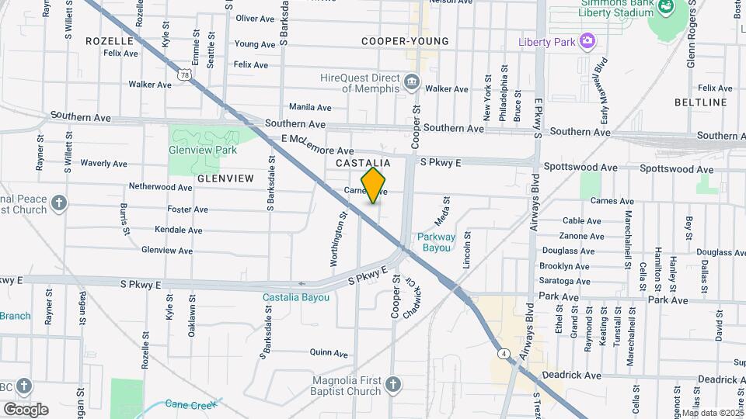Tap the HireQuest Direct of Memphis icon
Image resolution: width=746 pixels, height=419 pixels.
tap(412, 81)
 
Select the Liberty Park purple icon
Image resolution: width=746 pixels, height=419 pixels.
tap(587, 40)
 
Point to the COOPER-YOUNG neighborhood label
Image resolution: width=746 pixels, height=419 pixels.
tap(405, 41)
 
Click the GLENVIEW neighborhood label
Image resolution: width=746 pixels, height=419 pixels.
tap(225, 178)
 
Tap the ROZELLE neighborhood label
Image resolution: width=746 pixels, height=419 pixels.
tap(110, 40)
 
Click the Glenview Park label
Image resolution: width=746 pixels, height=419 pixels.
tap(202, 150)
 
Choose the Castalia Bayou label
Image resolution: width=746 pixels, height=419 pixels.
tap(295, 297)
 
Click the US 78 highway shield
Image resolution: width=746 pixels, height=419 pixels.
tap(184, 73)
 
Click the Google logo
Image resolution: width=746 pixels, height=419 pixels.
tap(26, 409)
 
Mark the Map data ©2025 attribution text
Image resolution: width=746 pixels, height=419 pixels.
tap(713, 413)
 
